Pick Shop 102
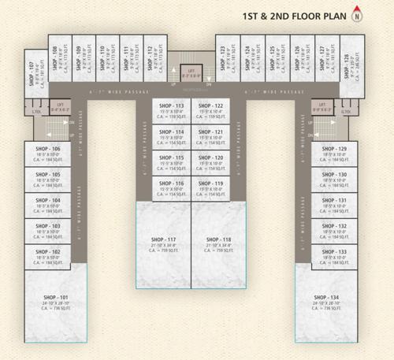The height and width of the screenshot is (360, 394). point(47,256)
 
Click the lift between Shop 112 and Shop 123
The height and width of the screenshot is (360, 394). point(189,72)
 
